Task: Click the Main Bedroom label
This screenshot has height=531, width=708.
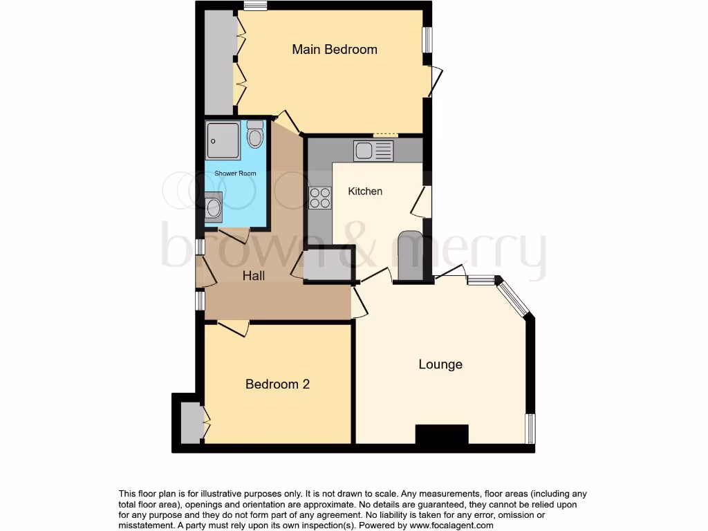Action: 335,50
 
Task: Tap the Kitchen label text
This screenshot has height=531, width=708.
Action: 365,191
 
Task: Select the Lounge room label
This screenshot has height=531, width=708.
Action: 440,364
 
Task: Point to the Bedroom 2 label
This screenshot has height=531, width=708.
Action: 277,384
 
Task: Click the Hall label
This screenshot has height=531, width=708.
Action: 254,275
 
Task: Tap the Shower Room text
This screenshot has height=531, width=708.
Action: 235,174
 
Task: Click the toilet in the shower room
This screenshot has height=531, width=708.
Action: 254,135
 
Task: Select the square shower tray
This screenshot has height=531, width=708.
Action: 223,140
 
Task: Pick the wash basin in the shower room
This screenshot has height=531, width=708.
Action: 213,206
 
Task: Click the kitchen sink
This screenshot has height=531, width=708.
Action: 373,151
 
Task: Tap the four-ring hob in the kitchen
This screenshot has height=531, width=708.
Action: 319,198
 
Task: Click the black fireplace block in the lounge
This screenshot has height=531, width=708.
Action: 442,434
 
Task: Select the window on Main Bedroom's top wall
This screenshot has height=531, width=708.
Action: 255,6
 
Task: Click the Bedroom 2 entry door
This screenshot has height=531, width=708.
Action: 233,328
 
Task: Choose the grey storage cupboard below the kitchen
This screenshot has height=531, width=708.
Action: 327,264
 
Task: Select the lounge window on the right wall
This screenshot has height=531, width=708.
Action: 530,429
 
